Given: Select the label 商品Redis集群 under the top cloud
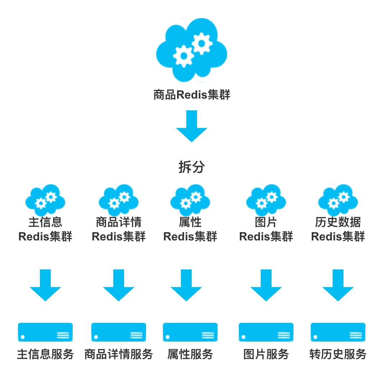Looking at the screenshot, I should [x=191, y=95].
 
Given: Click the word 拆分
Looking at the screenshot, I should [x=191, y=167].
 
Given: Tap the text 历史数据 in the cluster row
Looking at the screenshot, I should [x=338, y=222].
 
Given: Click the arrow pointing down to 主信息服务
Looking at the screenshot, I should [x=45, y=285].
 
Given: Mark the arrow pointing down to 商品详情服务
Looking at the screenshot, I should [x=119, y=285].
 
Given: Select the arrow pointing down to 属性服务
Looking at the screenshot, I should [x=186, y=285].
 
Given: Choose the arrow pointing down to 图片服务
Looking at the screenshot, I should [x=266, y=285].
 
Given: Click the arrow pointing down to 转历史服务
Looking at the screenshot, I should [x=338, y=285].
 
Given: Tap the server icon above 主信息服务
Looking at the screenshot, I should [x=45, y=332].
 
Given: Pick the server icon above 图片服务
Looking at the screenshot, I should [x=266, y=332].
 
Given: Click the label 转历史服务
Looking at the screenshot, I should [x=338, y=354].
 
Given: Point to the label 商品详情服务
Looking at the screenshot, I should [x=119, y=354].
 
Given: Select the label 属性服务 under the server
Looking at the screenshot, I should [x=190, y=354].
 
